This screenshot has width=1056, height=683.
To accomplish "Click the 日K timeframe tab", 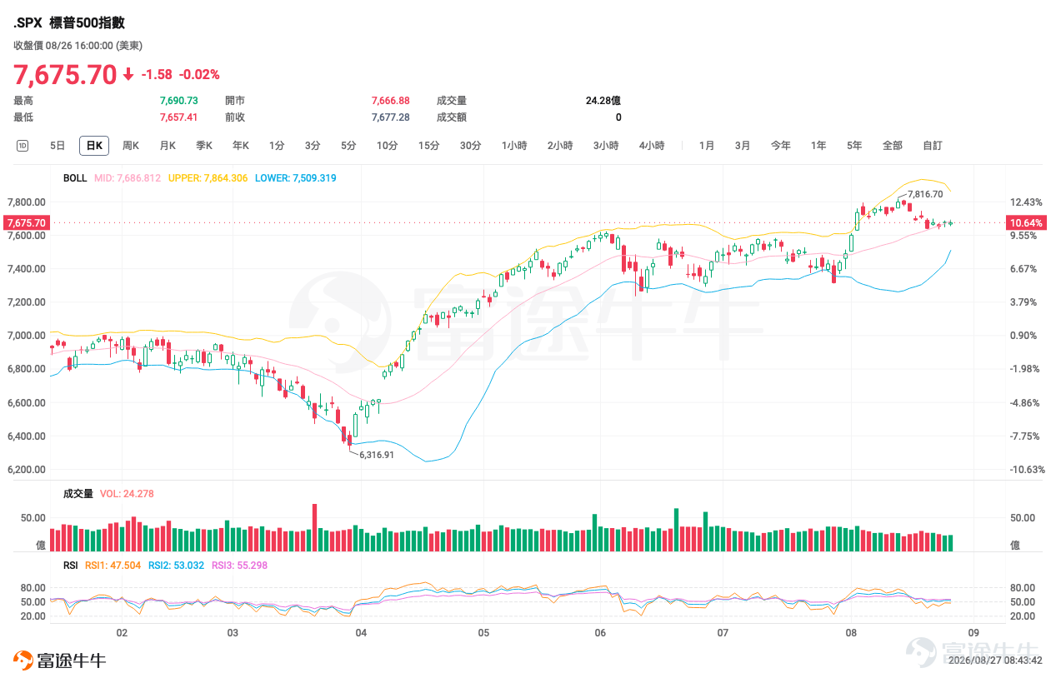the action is tap(94, 146).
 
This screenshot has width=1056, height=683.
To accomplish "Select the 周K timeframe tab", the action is tap(131, 146).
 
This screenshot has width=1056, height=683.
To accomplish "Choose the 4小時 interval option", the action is tap(652, 146).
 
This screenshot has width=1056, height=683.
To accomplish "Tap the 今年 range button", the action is tap(780, 146).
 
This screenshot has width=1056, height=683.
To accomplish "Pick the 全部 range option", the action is tap(892, 146).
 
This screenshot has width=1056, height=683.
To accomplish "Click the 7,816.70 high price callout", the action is tap(925, 194).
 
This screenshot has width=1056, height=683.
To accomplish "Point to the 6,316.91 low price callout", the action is tap(376, 455).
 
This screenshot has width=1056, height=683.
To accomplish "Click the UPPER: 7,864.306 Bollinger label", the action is tap(208, 178).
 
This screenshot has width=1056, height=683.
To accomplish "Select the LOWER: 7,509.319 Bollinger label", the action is tap(296, 178).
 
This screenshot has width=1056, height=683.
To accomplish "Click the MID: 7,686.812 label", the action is tap(128, 178).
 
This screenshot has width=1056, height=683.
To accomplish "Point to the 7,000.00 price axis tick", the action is tap(27, 336).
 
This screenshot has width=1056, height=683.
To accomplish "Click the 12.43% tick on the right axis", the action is tap(1026, 202).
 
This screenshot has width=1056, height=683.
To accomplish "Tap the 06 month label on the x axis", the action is tap(600, 632).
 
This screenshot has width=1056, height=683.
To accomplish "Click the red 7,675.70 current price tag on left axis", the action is tap(27, 222).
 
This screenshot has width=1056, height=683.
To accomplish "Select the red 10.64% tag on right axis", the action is tap(1026, 222).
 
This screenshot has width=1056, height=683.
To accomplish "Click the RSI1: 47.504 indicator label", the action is tap(113, 566).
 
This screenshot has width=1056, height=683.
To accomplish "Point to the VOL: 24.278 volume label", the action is tap(127, 494).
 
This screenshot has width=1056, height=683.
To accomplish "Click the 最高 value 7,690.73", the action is tap(178, 101).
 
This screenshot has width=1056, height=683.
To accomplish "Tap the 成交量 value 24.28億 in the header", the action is tap(603, 101).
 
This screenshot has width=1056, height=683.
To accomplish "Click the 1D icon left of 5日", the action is tap(23, 146).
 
